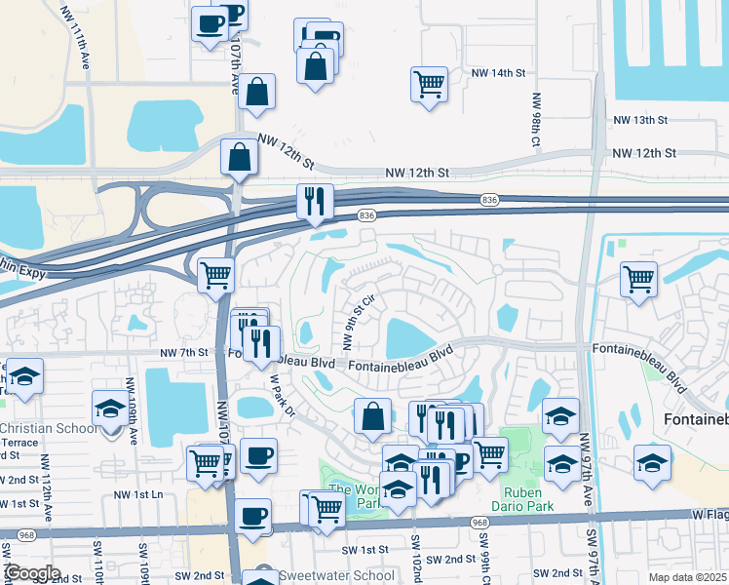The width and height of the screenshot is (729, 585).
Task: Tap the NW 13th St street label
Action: (640, 120)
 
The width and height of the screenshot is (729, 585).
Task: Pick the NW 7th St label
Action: (184, 352)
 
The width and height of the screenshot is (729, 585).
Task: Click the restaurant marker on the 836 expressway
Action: (315, 201)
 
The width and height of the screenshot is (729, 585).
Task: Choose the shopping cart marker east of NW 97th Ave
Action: (638, 279)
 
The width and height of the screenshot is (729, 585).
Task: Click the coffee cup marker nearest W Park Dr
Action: (258, 455)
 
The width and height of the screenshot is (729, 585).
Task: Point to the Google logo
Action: (32, 573)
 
